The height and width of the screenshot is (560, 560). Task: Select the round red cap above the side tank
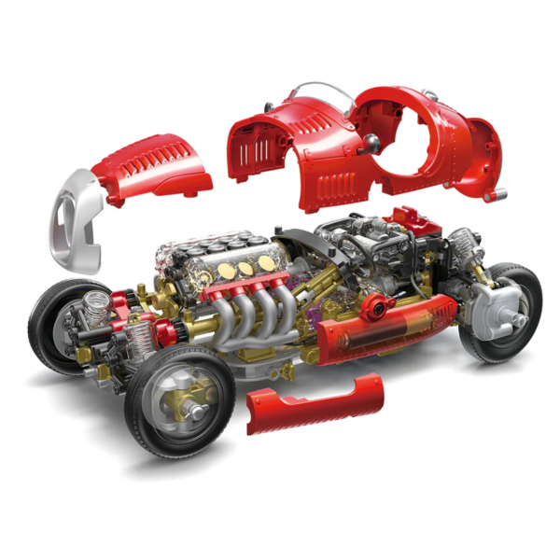point(378,306)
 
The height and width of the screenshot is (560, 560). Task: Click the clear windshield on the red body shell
point(317,92)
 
